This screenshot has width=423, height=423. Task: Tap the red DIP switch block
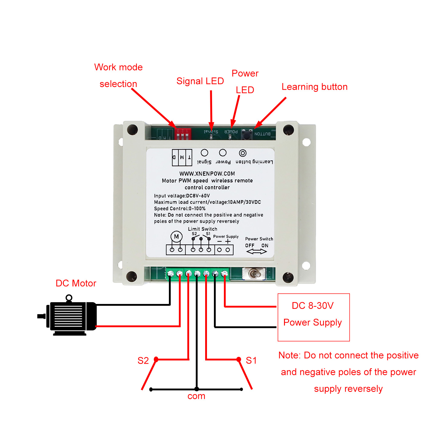coord(183,134)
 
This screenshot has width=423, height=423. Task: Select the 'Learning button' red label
coord(314,87)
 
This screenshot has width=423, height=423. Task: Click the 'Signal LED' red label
coord(200,81)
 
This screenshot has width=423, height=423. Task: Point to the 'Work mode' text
coord(118,67)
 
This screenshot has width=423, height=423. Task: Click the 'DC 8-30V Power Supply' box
coord(314,317)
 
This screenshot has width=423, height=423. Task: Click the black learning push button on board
coord(247,134)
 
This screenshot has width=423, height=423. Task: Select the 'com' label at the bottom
coord(196,396)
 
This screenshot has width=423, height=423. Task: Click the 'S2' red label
coord(143,360)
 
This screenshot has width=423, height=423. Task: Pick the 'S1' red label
coord(251,360)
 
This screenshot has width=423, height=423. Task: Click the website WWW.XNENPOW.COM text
coord(207,174)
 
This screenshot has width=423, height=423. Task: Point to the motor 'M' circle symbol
coord(176,237)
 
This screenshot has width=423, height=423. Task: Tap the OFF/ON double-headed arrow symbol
coord(257,251)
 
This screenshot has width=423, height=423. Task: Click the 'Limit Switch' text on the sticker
coord(202,229)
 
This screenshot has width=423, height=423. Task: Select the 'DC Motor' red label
coord(76,283)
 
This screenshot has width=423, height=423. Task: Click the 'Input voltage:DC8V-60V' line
coord(182,196)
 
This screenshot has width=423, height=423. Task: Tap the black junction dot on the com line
coord(197,389)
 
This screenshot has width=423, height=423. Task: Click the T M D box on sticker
coord(182,157)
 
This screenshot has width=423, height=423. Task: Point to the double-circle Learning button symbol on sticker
coord(243,153)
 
